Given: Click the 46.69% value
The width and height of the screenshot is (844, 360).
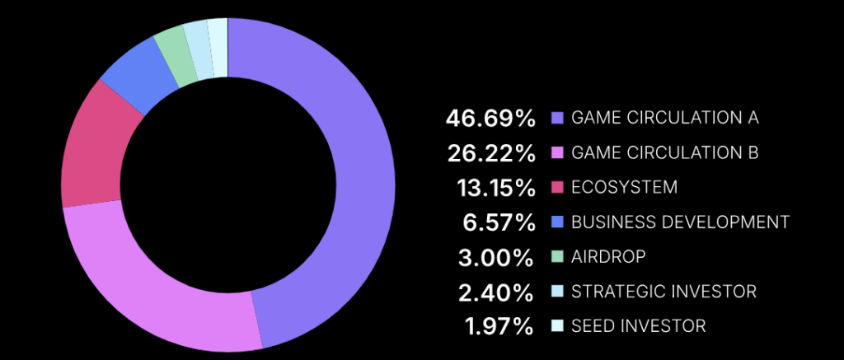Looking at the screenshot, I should (x=490, y=118).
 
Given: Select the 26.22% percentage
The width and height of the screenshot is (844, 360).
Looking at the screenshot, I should (x=490, y=153).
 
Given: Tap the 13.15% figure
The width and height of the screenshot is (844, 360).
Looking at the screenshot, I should (x=495, y=188).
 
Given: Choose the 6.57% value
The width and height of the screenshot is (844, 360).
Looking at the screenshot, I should (x=499, y=222).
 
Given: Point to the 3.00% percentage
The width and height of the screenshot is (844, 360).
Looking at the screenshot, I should (x=496, y=257).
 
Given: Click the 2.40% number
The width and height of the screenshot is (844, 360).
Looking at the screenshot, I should (x=496, y=292).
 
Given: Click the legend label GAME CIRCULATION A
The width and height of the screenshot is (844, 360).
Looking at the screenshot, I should (x=664, y=118).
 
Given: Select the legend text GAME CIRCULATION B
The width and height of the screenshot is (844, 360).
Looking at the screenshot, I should (x=664, y=152).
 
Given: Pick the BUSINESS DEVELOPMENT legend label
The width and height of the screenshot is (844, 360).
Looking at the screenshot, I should (x=680, y=222).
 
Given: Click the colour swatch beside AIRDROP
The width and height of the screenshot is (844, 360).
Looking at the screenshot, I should (x=557, y=257).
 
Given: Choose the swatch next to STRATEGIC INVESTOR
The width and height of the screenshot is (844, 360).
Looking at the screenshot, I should (x=557, y=292).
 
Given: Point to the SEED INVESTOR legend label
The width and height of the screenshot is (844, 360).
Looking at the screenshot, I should (x=638, y=326).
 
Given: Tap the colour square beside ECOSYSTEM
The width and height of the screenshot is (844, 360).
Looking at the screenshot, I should (x=557, y=188).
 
